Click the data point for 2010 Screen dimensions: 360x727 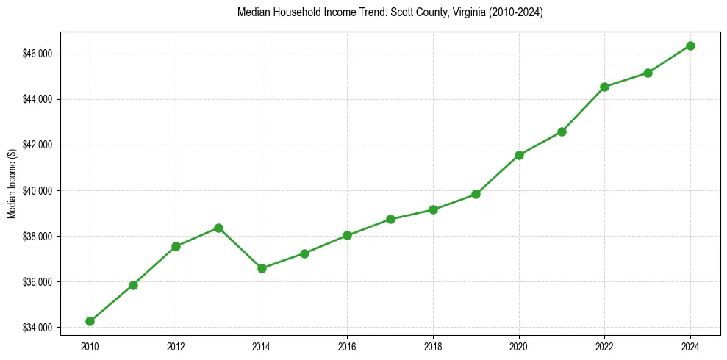pyautogui.click(x=90, y=321)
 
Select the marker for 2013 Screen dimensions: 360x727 pyautogui.click(x=218, y=228)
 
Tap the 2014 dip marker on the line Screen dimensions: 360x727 pyautogui.click(x=262, y=268)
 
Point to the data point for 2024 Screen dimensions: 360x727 pyautogui.click(x=690, y=46)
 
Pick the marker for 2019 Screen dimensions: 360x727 pyautogui.click(x=476, y=194)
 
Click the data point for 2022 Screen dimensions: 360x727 pyautogui.click(x=604, y=87)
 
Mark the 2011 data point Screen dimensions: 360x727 pyautogui.click(x=133, y=285)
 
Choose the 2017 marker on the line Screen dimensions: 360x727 pyautogui.click(x=390, y=219)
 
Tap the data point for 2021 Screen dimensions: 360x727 pyautogui.click(x=562, y=132)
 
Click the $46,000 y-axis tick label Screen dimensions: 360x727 pyautogui.click(x=38, y=54)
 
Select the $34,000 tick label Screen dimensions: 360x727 pyautogui.click(x=38, y=327)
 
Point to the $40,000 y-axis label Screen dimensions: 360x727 pyautogui.click(x=38, y=190)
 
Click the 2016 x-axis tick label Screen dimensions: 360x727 pyautogui.click(x=347, y=345)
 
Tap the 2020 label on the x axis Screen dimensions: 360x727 pyautogui.click(x=519, y=345)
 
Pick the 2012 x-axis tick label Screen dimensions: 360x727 pyautogui.click(x=176, y=345)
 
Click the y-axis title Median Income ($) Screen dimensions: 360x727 pyautogui.click(x=12, y=190)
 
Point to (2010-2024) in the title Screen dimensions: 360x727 pyautogui.click(x=510, y=12)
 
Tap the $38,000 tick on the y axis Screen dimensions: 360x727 pyautogui.click(x=38, y=236)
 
